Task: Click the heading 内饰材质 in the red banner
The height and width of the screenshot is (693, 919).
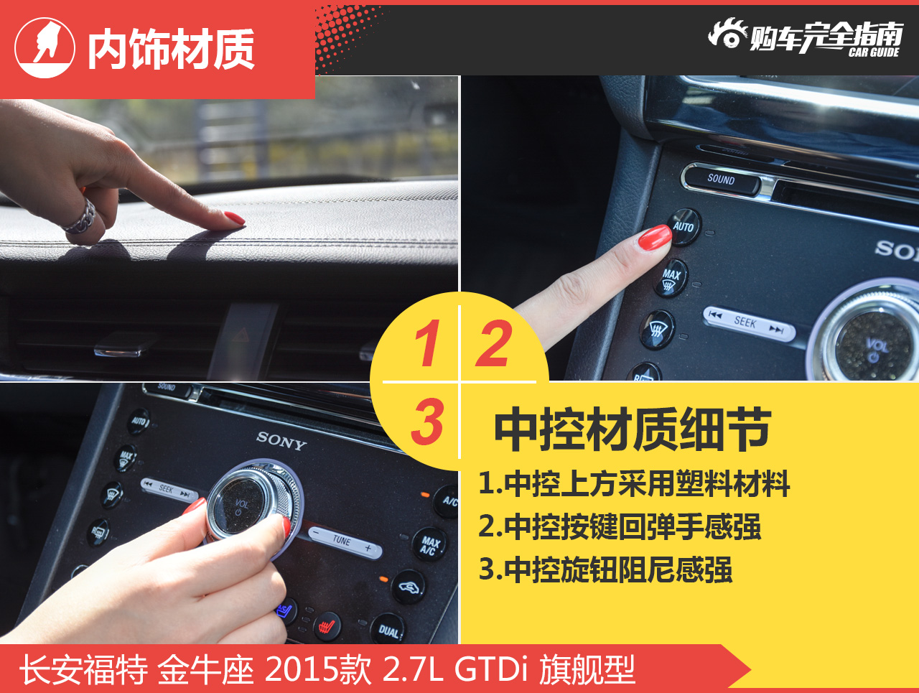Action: pos(171,49)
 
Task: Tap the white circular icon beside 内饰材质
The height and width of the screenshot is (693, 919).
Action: pos(45,47)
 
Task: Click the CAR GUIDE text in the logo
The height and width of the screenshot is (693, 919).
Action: pos(874,52)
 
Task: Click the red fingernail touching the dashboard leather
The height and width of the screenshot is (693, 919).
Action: pos(235,218)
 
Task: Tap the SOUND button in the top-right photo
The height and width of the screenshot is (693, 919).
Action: pos(722,180)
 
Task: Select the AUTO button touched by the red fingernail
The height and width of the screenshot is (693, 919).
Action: pos(684,227)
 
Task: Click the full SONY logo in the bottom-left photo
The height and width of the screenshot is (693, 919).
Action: pos(281,441)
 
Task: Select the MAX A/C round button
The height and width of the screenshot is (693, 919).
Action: pos(429,545)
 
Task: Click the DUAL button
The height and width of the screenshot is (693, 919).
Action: pos(388,631)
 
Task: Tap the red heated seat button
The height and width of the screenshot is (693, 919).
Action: pos(327,627)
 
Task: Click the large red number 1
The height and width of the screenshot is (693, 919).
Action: pos(427,343)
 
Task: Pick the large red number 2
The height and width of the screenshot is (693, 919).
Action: pos(495,343)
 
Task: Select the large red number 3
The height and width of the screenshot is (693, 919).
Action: pos(427,421)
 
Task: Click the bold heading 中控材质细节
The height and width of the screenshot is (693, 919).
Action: pos(633,429)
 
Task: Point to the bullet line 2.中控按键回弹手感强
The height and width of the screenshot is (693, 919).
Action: pos(619,527)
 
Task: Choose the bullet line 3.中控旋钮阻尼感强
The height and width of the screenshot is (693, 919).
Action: pos(605,569)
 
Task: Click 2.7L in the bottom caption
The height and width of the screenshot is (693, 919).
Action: pos(413,669)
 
